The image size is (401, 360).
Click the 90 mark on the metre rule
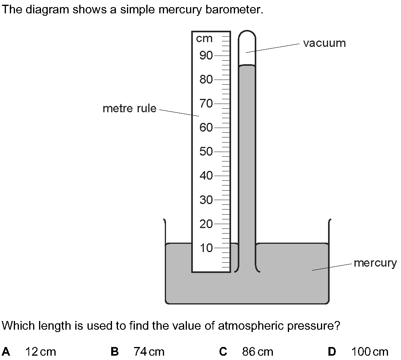pyautogui.click(x=206, y=56)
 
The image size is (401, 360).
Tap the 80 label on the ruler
pyautogui.click(x=206, y=80)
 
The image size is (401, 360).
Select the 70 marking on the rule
pyautogui.click(x=206, y=104)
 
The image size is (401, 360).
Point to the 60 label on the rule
pyautogui.click(x=206, y=128)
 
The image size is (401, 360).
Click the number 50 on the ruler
pyautogui.click(x=206, y=152)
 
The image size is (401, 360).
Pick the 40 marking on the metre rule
pyautogui.click(x=206, y=176)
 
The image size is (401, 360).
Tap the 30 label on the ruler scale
pyautogui.click(x=206, y=200)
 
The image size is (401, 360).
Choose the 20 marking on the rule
pyautogui.click(x=206, y=225)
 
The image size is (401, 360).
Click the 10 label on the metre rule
pyautogui.click(x=206, y=248)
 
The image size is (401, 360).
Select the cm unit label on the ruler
pyautogui.click(x=204, y=39)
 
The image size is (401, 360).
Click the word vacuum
pyautogui.click(x=324, y=43)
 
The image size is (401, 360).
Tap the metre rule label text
pyautogui.click(x=129, y=108)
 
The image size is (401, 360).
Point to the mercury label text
pyautogui.click(x=375, y=263)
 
